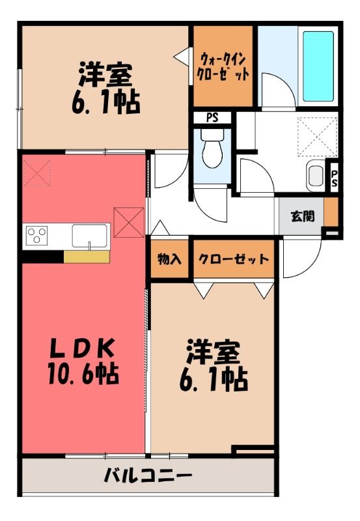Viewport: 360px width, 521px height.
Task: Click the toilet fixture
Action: coord(212,148)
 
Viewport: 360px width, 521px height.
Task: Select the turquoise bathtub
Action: coord(318,66)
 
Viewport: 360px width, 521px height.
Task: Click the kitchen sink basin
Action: coord(90,236)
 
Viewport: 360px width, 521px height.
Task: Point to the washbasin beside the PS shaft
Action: coord(316,176)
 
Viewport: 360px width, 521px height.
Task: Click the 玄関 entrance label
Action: coord(303,216)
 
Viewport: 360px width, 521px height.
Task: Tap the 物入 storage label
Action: coord(169,259)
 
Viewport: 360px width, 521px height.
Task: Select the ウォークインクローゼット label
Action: coord(223,67)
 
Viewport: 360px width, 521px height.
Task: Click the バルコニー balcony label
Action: coord(148,475)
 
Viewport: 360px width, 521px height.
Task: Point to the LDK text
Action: coord(82,348)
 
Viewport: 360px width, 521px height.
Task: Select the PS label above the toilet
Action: coord(212,118)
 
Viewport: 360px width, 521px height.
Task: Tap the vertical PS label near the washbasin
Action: coord(334,178)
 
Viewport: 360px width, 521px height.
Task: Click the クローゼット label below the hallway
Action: coord(234,259)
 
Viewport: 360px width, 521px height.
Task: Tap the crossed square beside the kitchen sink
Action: coord(129,222)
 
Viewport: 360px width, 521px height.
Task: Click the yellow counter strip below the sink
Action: coord(87,257)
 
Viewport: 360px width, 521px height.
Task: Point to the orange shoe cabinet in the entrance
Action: coord(331,212)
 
